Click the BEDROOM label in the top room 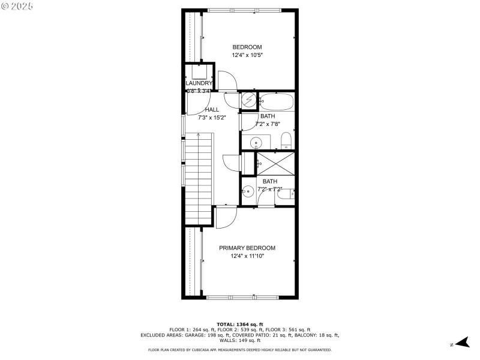click(x=247, y=47)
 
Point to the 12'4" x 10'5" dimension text click(x=247, y=55)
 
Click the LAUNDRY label click(x=199, y=83)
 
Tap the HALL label click(x=212, y=110)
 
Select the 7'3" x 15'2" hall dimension click(x=212, y=118)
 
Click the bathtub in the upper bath click(x=277, y=101)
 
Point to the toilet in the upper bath click(x=286, y=142)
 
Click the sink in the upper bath click(x=256, y=143)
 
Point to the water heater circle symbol click(x=248, y=101)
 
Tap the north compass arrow click(x=460, y=343)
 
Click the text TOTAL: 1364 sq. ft click(x=240, y=323)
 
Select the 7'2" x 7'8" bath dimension click(x=268, y=124)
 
